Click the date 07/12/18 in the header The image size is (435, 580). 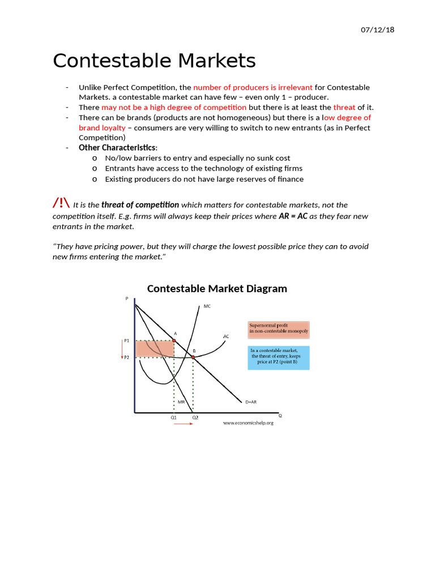click(x=377, y=29)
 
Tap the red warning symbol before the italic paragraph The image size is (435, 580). click(x=61, y=203)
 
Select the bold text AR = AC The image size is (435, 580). click(x=293, y=216)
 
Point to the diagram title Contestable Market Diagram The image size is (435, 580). click(x=217, y=289)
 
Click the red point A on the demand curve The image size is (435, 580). click(x=174, y=340)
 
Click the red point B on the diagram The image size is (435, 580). click(x=193, y=357)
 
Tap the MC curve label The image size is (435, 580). click(x=207, y=306)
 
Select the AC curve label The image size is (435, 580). click(x=226, y=336)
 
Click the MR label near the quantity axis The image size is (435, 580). click(x=181, y=402)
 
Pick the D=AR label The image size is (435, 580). click(x=251, y=402)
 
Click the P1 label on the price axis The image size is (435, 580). click(x=127, y=340)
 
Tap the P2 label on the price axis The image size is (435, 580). click(x=127, y=357)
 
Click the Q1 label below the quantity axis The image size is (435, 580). click(x=174, y=417)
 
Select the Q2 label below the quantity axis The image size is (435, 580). click(x=195, y=417)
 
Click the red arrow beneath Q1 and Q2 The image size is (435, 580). click(x=184, y=424)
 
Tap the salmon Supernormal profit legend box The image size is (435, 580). click(x=279, y=329)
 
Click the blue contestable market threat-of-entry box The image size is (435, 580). click(x=279, y=357)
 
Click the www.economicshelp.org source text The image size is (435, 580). click(x=248, y=423)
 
